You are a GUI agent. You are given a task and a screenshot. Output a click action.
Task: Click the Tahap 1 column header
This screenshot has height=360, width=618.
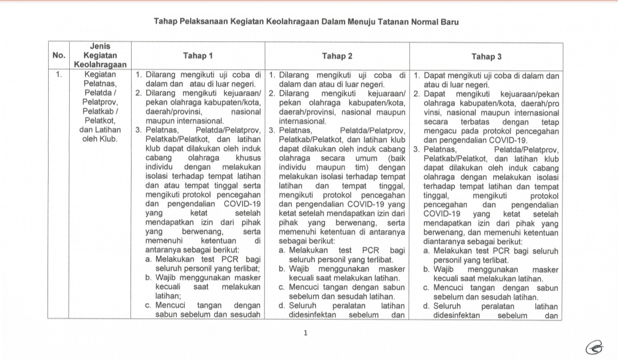tap(198, 56)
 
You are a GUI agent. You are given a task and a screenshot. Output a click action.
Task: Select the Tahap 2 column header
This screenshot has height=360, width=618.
tap(337, 56)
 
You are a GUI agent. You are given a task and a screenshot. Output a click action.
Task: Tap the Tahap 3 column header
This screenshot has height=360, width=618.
tap(486, 57)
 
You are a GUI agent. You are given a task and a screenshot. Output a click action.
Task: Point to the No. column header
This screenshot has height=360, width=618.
tap(59, 56)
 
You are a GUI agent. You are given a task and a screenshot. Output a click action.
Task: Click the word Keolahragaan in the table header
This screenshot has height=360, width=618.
tap(100, 65)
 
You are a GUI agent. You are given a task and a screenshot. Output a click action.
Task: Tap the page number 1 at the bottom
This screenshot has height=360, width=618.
tap(306, 333)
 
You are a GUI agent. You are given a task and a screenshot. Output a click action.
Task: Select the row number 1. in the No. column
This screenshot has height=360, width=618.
tap(59, 74)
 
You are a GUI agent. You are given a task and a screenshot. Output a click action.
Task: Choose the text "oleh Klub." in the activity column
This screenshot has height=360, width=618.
tap(100, 139)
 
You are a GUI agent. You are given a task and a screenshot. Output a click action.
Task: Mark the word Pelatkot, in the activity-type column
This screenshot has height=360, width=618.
tap(100, 121)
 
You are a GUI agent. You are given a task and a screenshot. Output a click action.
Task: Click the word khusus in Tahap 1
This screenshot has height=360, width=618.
tap(248, 157)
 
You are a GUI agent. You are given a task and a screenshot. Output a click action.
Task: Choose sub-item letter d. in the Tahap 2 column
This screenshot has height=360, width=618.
tap(282, 306)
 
